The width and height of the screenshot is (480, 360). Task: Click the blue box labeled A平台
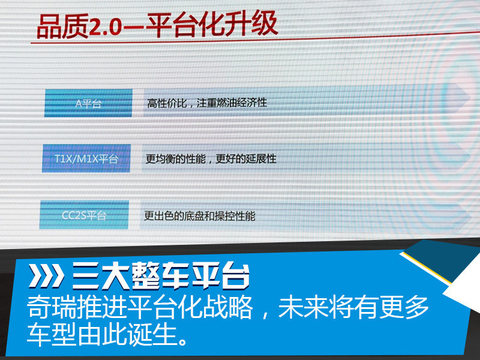88,103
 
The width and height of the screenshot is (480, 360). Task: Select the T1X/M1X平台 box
86,158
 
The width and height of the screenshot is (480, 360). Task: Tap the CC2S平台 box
84,215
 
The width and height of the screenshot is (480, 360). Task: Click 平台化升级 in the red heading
212,25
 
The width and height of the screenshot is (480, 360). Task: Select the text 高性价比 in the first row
167,103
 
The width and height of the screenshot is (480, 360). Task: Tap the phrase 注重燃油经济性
232,103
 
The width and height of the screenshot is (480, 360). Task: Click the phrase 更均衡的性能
175,159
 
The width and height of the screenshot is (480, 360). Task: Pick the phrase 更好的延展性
246,159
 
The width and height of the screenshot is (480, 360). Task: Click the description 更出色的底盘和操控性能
200,216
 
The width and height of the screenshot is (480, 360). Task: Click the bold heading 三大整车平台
160,276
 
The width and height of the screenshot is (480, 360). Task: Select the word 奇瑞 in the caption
52,307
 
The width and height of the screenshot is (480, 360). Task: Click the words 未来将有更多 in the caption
353,307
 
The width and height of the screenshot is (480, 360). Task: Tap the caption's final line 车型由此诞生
107,334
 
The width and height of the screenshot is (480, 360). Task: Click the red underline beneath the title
256,37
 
